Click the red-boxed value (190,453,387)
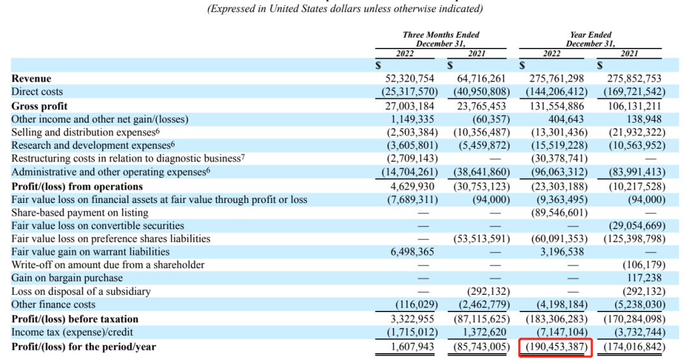pos(555,347)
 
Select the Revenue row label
pos(31,79)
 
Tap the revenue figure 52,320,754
pos(408,79)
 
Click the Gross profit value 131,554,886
pos(555,106)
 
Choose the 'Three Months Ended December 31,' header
pos(441,39)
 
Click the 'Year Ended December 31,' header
pos(591,39)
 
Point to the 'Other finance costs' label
pos(54,304)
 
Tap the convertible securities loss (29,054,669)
pos(633,225)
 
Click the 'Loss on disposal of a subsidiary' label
pos(81,291)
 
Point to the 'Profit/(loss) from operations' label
pos(77,186)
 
